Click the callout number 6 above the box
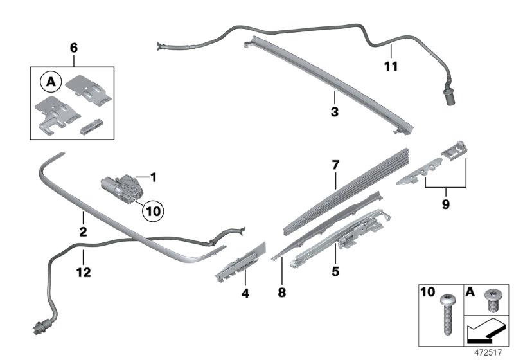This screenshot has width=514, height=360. pyautogui.click(x=73, y=48)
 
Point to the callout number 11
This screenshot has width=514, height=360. pyautogui.click(x=391, y=66)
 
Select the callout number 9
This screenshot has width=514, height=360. pyautogui.click(x=444, y=206)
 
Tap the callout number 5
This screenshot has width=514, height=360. pyautogui.click(x=334, y=271)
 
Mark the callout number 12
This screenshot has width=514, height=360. pyautogui.click(x=83, y=272)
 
